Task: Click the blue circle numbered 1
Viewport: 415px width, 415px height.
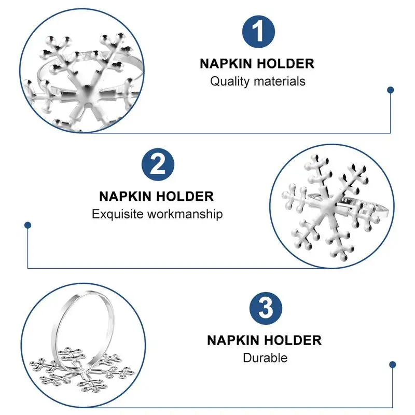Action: tap(258, 32)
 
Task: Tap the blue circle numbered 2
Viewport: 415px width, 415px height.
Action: tap(158, 164)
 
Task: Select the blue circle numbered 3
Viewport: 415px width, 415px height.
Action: tap(266, 308)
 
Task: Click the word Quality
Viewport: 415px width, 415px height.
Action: tap(229, 81)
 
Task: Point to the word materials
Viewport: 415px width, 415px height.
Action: tap(280, 81)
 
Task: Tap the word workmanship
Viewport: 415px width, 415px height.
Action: tap(185, 214)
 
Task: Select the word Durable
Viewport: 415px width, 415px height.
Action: tap(265, 358)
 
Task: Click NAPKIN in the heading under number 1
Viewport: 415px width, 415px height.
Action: tap(226, 64)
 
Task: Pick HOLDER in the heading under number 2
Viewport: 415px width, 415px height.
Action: tap(185, 197)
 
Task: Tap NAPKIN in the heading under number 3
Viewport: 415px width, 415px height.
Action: tap(233, 340)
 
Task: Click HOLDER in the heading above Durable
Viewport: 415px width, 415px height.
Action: tap(293, 340)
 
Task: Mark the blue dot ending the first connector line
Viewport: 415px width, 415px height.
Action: tap(391, 90)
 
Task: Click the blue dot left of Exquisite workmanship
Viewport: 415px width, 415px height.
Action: tap(28, 225)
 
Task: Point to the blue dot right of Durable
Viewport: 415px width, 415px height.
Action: tap(393, 365)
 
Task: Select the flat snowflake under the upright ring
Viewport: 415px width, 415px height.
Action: tap(82, 370)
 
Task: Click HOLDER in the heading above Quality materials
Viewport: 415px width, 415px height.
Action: tap(286, 64)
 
